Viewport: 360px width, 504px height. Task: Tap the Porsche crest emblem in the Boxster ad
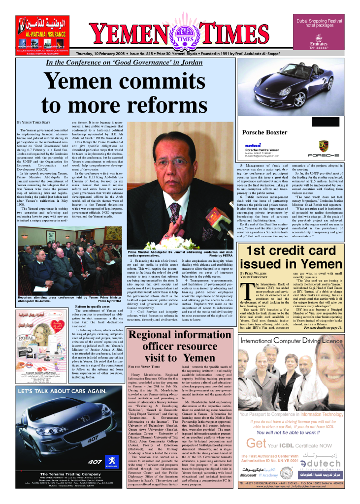click(x=324, y=146)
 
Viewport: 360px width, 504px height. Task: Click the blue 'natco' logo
click(x=253, y=145)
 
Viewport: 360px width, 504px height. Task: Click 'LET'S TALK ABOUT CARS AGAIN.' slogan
click(x=63, y=392)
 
